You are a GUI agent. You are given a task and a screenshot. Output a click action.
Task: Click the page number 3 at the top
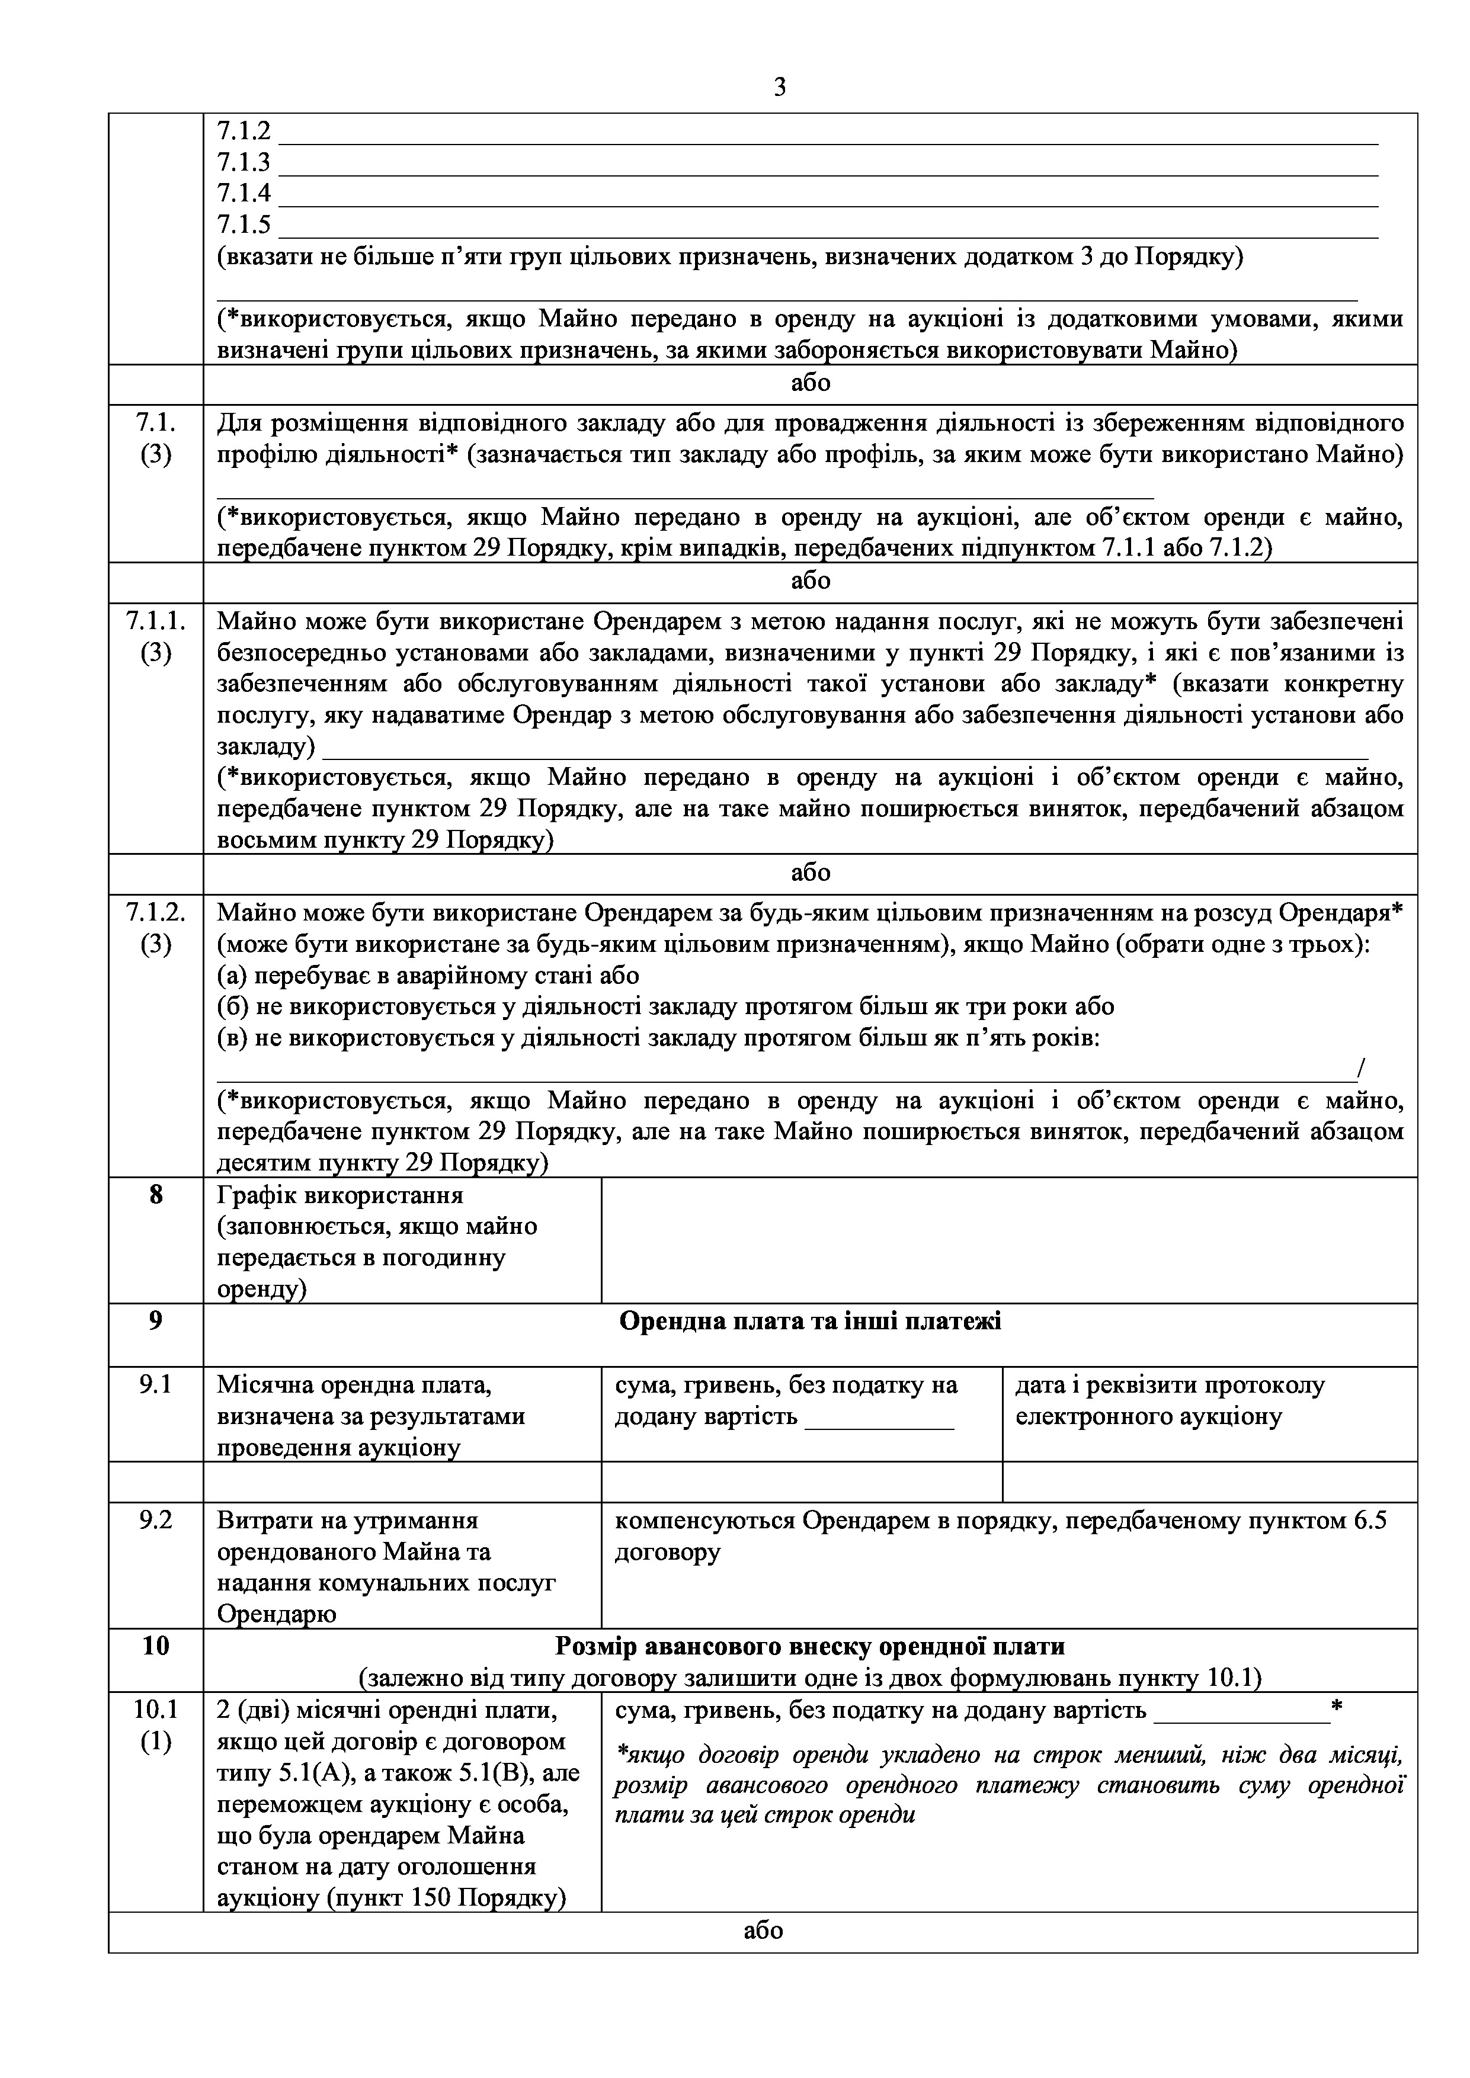point(779,87)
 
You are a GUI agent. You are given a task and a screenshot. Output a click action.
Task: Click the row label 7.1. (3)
point(156,438)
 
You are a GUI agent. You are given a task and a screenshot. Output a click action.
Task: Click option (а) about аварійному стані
point(428,976)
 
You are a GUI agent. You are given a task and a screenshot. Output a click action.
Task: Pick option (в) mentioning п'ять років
point(658,1038)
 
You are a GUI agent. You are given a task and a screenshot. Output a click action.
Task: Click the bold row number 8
point(156,1195)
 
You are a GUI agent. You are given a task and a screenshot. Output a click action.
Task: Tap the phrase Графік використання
point(340,1195)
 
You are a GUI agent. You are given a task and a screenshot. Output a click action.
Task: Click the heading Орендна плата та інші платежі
point(810,1322)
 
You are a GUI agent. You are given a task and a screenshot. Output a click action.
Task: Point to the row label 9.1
point(156,1385)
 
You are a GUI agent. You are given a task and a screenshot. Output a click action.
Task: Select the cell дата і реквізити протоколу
point(1170,1400)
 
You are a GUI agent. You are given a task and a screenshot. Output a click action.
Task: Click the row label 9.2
point(156,1521)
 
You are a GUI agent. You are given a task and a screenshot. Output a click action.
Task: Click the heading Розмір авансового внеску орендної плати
point(810,1646)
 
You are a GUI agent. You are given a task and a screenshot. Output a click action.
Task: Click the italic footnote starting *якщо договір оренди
point(1009,1785)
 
